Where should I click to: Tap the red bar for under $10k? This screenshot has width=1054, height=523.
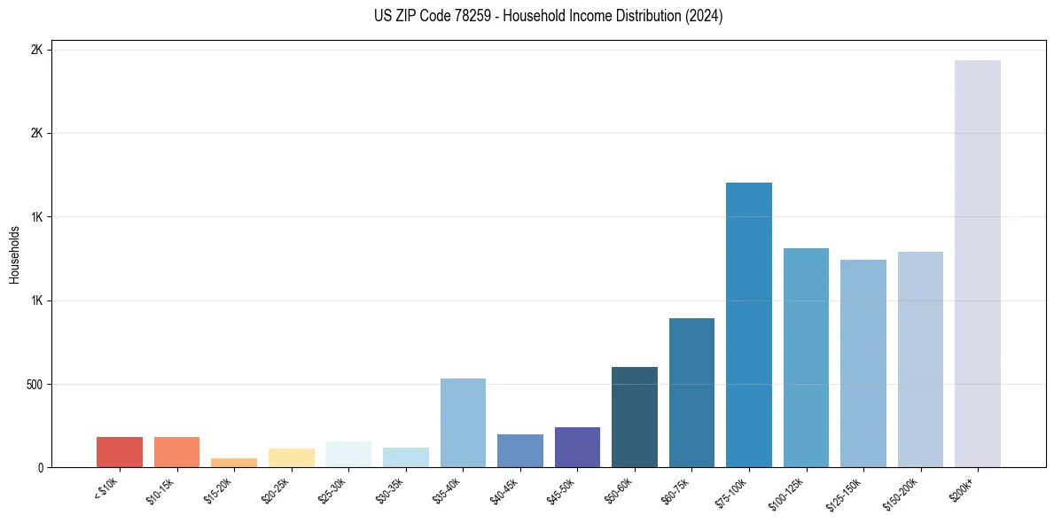pos(120,452)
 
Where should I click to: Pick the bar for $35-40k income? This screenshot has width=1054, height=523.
pos(463,423)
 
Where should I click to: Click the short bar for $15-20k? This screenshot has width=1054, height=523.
pos(234,463)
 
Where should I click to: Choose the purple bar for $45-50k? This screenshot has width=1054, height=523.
pos(577,447)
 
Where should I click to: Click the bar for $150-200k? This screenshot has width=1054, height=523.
pos(920,359)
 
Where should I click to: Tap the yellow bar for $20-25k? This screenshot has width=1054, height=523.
pos(292,457)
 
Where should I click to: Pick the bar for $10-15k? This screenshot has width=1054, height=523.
pos(176,452)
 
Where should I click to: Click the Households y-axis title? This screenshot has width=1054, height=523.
pos(14,254)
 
